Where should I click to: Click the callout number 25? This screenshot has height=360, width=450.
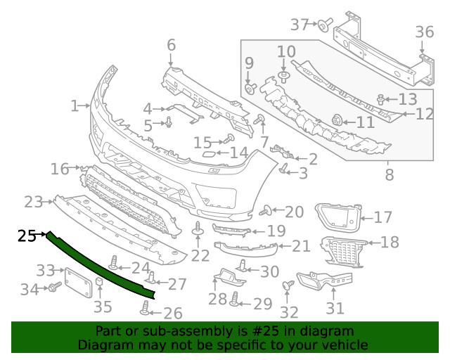click(27, 236)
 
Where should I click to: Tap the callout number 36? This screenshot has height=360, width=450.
click(425, 32)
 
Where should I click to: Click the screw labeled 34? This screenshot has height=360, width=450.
click(53, 288)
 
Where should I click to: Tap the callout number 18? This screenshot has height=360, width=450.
click(389, 243)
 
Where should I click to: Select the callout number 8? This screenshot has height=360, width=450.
click(388, 172)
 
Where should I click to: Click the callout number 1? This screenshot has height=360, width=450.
click(75, 106)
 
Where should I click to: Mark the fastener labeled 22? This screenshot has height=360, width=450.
click(198, 230)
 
